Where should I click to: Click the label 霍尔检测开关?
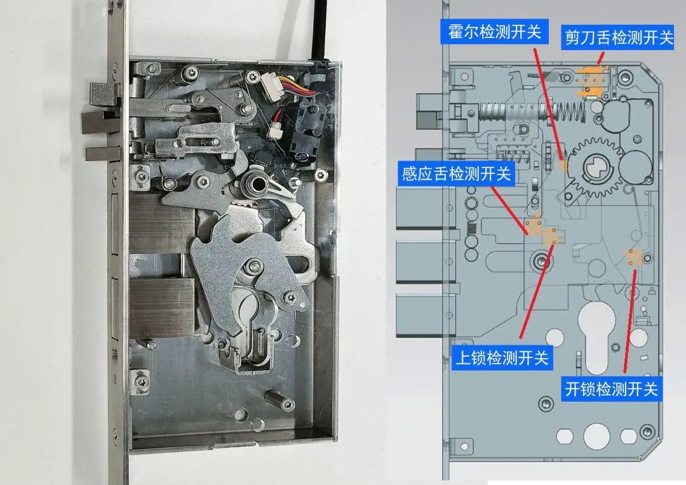click(x=494, y=32)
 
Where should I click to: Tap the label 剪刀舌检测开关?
click(x=618, y=37)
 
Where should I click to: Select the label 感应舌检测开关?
click(x=456, y=173)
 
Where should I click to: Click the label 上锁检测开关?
click(x=502, y=358)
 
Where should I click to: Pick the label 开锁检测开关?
click(x=611, y=389)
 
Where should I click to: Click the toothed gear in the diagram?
click(x=595, y=168)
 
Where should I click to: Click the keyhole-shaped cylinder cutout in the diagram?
click(x=598, y=336)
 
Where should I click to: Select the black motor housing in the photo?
click(x=309, y=131)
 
